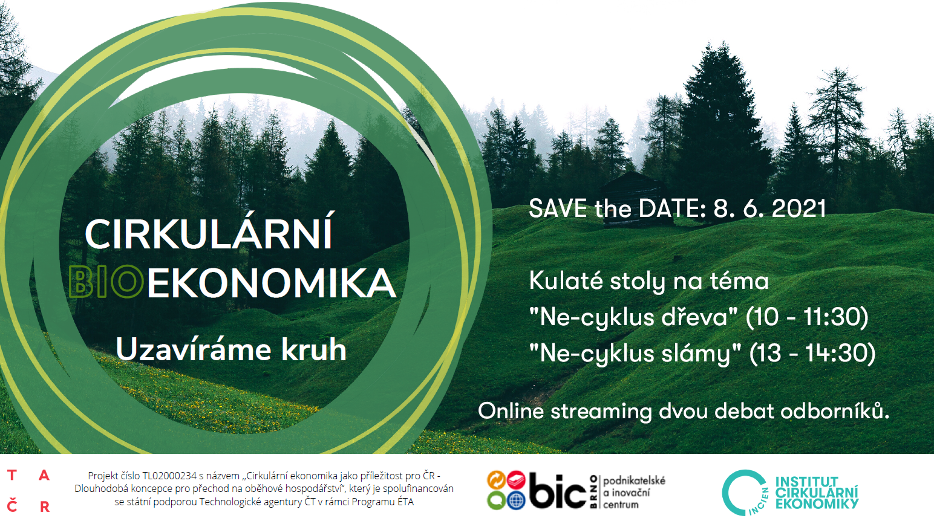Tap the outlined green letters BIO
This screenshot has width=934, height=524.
(x=106, y=282)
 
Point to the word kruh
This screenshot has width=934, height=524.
(x=314, y=349)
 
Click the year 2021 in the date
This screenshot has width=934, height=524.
(x=799, y=209)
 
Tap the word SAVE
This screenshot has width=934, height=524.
(x=558, y=209)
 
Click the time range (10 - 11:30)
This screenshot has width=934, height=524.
(x=807, y=317)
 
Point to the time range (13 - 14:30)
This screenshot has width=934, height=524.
(x=812, y=354)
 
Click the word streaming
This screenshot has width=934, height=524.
(x=601, y=412)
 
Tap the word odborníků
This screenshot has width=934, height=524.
(x=835, y=411)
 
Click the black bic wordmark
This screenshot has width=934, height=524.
(x=558, y=491)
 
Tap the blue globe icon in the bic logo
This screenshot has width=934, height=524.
(x=516, y=500)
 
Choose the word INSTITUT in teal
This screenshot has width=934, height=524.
(x=806, y=482)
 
